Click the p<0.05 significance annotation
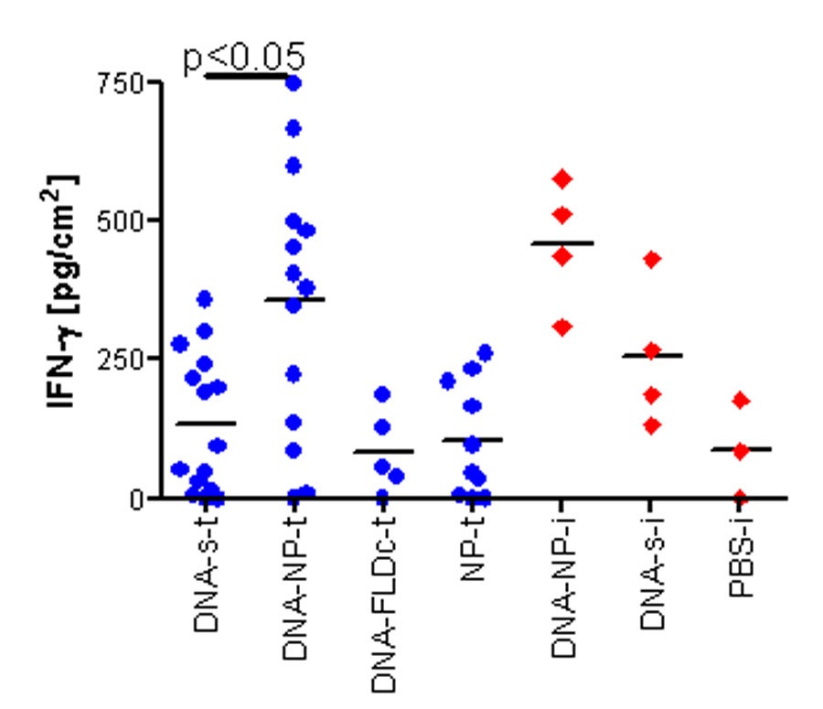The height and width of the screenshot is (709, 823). click(x=243, y=57)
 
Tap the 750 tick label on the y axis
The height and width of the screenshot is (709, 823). click(x=124, y=82)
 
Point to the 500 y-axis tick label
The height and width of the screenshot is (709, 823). click(x=124, y=220)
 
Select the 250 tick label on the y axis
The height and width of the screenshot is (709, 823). click(x=124, y=359)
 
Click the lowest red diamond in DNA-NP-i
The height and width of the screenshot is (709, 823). click(x=561, y=327)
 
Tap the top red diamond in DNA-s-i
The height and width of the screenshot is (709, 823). click(x=651, y=260)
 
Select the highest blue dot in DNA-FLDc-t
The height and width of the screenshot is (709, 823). click(x=382, y=394)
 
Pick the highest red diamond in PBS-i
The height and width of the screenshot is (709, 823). click(x=740, y=400)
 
